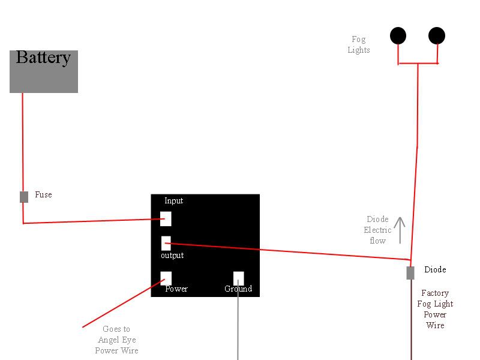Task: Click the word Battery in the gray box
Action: pyautogui.click(x=43, y=58)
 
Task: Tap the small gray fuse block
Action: pyautogui.click(x=24, y=197)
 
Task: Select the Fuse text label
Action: pyautogui.click(x=43, y=194)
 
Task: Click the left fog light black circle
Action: pyautogui.click(x=398, y=36)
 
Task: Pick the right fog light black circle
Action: pyautogui.click(x=437, y=36)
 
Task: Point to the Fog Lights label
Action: pyautogui.click(x=358, y=44)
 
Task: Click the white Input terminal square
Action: pyautogui.click(x=166, y=218)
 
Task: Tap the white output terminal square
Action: pyautogui.click(x=166, y=243)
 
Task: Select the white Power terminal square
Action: pyautogui.click(x=166, y=278)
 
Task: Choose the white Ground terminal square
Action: pyautogui.click(x=238, y=278)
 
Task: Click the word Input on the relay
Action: pyautogui.click(x=173, y=201)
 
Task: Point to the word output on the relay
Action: pyautogui.click(x=172, y=256)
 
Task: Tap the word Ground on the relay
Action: pyautogui.click(x=238, y=289)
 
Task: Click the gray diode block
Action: pyautogui.click(x=410, y=273)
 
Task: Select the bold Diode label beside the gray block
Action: pyautogui.click(x=435, y=269)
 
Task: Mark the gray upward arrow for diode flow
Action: pyautogui.click(x=400, y=230)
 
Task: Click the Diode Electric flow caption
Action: pyautogui.click(x=377, y=230)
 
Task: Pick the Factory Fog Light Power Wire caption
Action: pyautogui.click(x=435, y=309)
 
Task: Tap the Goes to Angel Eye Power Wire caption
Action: pyautogui.click(x=116, y=340)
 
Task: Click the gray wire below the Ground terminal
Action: pyautogui.click(x=238, y=320)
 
